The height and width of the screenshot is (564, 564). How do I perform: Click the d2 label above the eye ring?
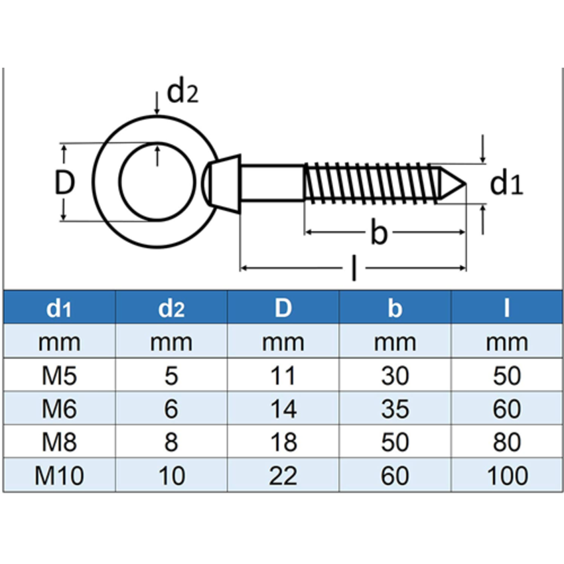181,93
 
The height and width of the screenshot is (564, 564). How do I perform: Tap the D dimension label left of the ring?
64,184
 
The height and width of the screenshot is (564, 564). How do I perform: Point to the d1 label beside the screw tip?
506,184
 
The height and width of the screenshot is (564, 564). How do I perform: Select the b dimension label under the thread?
378,233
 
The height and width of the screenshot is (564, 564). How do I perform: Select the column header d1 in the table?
59,309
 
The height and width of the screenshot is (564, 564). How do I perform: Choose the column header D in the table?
283,308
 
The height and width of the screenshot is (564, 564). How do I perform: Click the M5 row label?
59,376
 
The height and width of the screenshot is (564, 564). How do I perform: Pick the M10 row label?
59,476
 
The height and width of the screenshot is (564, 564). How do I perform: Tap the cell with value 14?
283,409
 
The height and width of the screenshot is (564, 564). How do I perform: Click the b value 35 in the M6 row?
395,409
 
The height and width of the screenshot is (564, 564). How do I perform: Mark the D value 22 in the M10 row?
283,476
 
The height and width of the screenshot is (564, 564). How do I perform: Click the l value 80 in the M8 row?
507,443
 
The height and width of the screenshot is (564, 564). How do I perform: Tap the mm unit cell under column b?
395,342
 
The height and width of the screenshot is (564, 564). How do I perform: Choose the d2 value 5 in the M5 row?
171,376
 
